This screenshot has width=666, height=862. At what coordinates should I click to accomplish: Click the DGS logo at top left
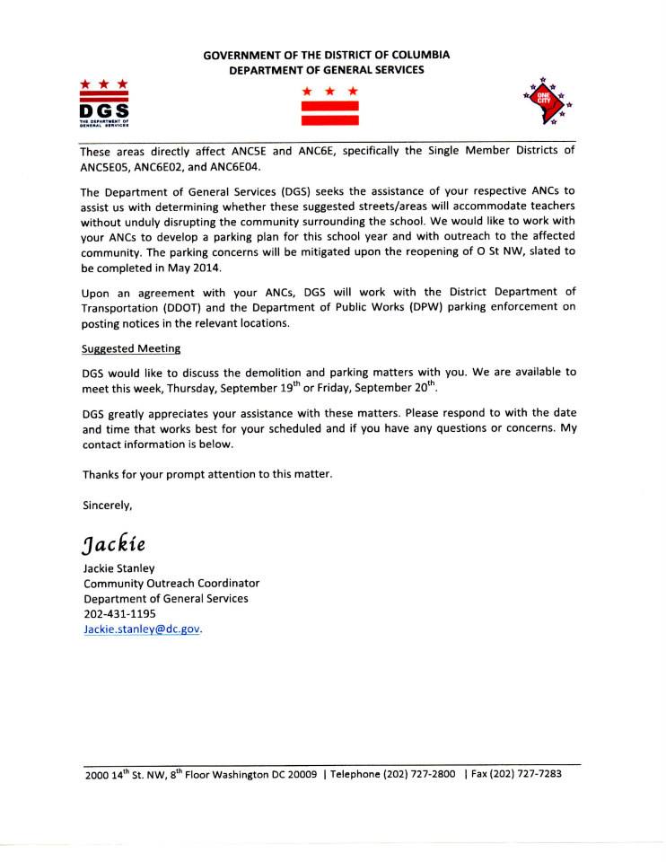[103, 104]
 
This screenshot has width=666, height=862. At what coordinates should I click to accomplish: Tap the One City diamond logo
[544, 101]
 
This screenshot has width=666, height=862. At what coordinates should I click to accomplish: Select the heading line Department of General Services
[327, 69]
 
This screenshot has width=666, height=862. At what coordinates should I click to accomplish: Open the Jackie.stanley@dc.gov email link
[142, 629]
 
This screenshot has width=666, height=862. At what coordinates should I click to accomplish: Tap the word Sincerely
[107, 505]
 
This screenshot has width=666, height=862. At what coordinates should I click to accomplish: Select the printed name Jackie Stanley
[119, 567]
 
